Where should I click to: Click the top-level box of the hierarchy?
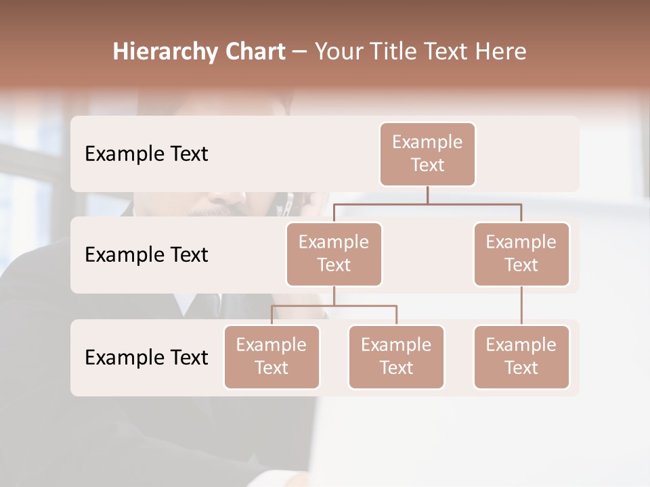coord(427,154)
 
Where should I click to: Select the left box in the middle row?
coord(334,254)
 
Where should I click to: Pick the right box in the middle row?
coord(521,254)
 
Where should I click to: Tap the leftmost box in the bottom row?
coord(272,357)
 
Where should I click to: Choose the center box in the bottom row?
coord(396,357)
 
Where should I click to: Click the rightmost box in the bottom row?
coord(521,357)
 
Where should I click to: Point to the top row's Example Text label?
coord(146,154)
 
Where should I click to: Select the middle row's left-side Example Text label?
coord(146,255)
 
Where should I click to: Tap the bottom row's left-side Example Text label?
coord(146,357)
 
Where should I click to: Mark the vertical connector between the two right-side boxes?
coord(521,306)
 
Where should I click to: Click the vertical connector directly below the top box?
coord(427,195)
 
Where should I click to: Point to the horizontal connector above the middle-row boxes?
coord(427,204)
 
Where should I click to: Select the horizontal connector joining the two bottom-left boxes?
coord(334,306)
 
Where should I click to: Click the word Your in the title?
coord(337,52)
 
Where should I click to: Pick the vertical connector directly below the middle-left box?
coord(334,296)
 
